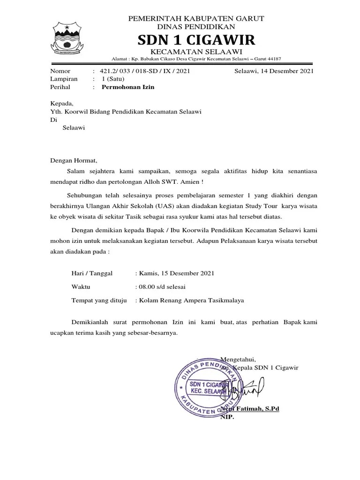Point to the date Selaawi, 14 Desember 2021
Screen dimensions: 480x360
point(274,71)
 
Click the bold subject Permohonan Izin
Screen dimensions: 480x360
point(128,87)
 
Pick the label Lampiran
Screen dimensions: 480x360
point(64,79)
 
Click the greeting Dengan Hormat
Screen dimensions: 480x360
point(74,160)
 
